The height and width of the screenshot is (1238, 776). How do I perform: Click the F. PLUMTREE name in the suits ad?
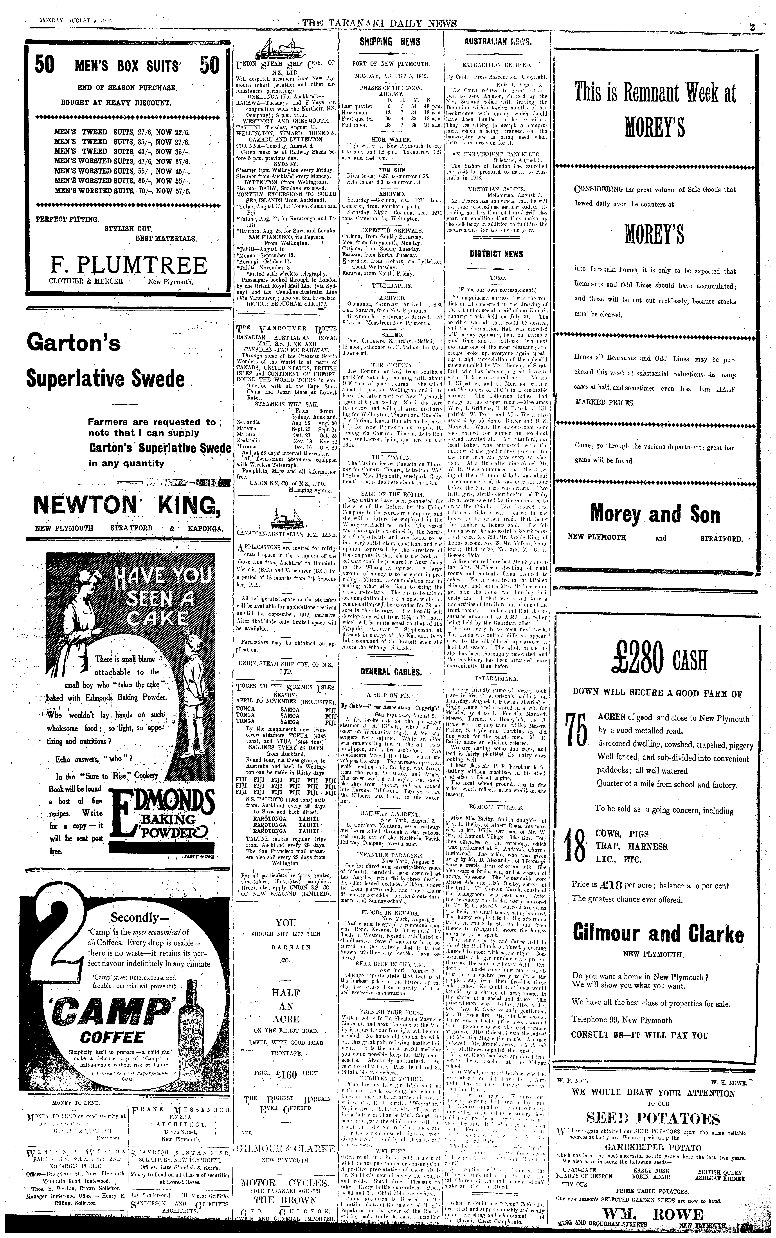click(x=128, y=265)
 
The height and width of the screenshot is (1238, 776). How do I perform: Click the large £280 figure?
click(x=636, y=660)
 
